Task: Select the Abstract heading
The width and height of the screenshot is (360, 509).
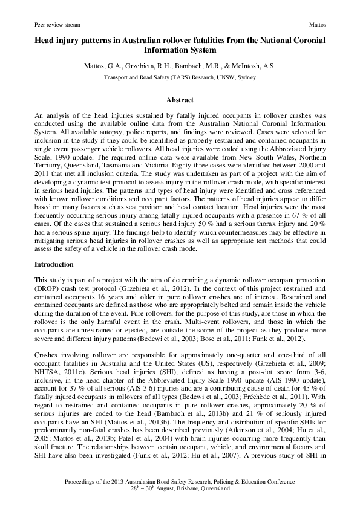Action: click(180, 100)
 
